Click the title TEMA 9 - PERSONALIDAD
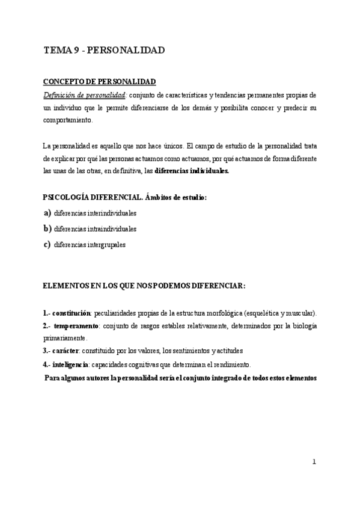(x=105, y=51)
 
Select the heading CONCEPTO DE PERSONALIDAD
(x=99, y=82)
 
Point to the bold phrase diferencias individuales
(x=192, y=170)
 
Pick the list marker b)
(x=47, y=229)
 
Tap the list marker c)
(x=47, y=244)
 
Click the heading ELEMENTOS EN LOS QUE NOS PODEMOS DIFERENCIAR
(x=144, y=286)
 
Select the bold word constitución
(x=71, y=314)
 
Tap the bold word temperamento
(x=77, y=326)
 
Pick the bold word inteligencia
(x=70, y=364)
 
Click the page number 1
(x=314, y=461)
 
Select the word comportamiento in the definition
(x=68, y=120)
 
